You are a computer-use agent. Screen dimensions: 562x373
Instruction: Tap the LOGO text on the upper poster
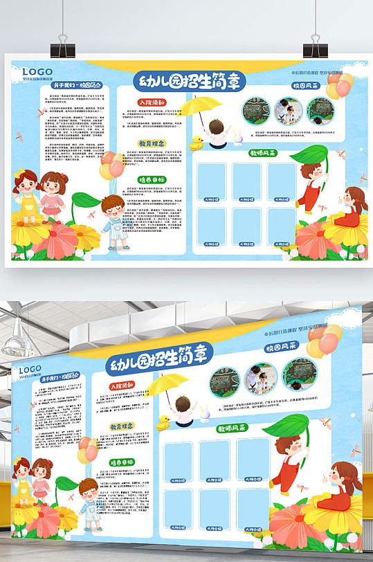click(x=37, y=71)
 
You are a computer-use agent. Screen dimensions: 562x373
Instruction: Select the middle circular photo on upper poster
click(x=286, y=111)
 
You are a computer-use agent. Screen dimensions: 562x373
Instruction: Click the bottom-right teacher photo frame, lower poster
click(x=253, y=508)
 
